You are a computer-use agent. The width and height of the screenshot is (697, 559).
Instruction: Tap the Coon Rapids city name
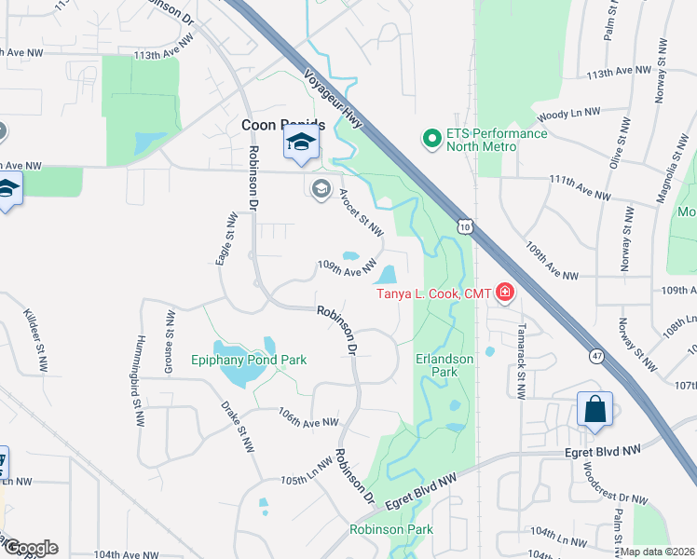(282, 125)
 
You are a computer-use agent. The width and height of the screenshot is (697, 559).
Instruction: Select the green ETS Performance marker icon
(430, 140)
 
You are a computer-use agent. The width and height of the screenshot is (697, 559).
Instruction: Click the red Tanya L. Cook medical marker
(505, 294)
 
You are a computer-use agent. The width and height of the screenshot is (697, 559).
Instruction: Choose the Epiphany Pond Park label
(249, 360)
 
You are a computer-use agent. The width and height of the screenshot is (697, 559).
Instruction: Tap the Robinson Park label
(391, 529)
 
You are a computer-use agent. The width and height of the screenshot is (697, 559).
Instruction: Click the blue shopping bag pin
(594, 410)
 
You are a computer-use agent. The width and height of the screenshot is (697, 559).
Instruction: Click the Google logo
(31, 548)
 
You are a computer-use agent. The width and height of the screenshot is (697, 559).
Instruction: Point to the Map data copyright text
(658, 552)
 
